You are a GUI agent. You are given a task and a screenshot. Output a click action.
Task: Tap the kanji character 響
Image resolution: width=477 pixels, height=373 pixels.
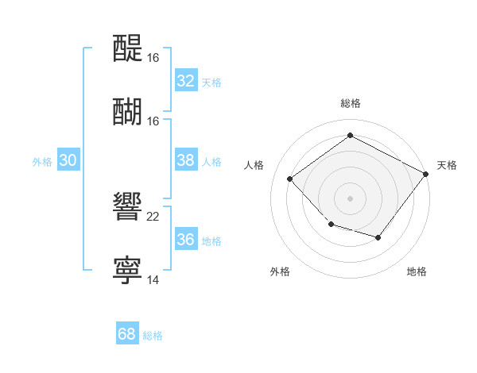(127, 209)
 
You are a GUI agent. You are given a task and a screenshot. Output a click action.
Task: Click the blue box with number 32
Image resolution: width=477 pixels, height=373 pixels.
(186, 81)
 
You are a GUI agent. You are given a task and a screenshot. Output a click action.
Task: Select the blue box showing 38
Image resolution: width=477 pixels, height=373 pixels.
(186, 160)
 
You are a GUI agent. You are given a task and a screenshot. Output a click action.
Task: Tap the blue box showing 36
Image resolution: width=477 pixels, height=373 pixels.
(186, 240)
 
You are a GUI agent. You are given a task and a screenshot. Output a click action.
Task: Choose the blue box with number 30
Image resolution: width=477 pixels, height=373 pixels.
(68, 160)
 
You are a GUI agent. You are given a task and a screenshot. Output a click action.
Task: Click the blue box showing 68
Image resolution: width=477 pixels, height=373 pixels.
(127, 334)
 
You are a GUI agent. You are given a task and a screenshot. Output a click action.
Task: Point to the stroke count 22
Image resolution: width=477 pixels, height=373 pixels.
(153, 217)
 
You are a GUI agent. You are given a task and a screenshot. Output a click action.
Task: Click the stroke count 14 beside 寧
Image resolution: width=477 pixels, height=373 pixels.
(153, 280)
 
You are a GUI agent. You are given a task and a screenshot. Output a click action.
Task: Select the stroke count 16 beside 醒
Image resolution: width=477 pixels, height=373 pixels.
(153, 58)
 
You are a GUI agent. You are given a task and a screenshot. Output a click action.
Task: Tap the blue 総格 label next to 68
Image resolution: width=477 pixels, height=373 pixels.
(153, 336)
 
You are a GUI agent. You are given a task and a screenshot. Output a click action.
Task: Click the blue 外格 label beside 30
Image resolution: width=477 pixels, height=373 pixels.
(42, 162)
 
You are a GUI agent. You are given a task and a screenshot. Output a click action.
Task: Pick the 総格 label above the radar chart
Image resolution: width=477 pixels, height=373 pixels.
(351, 103)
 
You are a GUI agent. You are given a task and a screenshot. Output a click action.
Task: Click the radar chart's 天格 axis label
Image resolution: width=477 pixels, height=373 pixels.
(447, 165)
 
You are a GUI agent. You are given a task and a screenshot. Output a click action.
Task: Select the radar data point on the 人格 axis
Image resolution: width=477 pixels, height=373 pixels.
(290, 179)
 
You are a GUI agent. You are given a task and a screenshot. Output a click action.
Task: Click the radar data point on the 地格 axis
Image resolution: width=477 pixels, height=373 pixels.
(378, 237)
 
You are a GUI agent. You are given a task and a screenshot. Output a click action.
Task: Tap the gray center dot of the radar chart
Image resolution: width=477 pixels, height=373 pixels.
(351, 198)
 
